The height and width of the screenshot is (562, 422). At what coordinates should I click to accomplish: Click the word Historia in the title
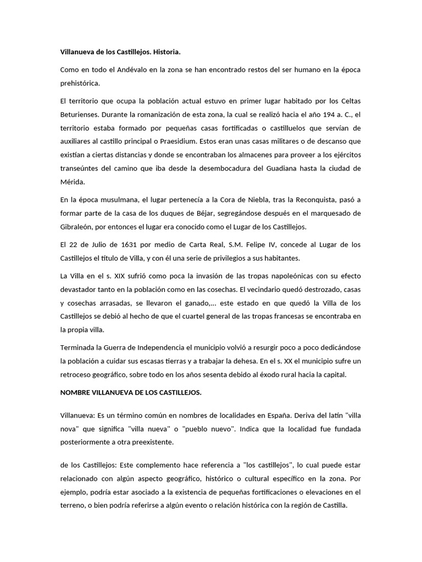(x=164, y=52)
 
